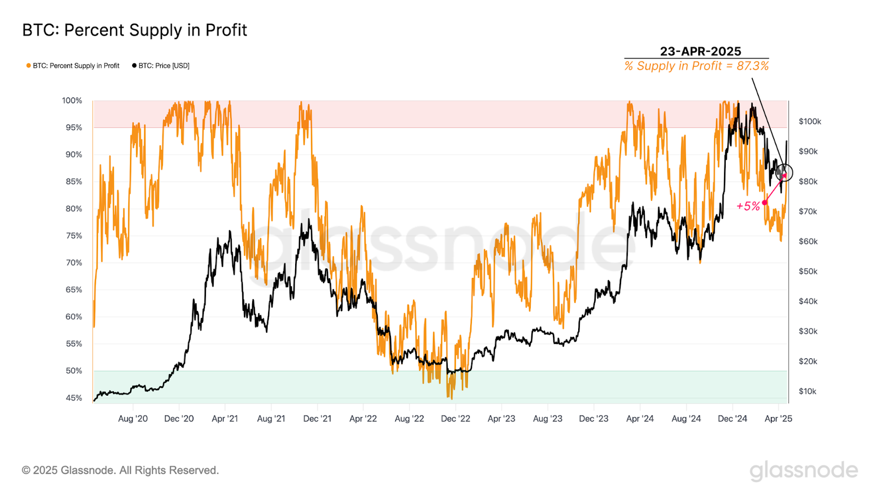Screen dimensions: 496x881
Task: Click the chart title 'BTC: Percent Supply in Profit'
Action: click(x=134, y=30)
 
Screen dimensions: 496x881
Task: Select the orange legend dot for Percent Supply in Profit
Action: click(x=29, y=66)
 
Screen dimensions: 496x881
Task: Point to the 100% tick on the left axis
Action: click(x=72, y=100)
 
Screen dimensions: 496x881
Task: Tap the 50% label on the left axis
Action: click(x=74, y=370)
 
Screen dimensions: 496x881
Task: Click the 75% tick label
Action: click(x=74, y=235)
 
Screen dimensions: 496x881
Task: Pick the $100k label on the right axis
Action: click(x=809, y=121)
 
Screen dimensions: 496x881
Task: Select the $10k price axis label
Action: click(x=807, y=391)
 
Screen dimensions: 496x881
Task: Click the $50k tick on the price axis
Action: click(x=808, y=271)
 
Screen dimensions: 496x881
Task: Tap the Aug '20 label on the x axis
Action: click(x=133, y=419)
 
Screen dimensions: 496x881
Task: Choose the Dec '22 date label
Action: click(x=455, y=419)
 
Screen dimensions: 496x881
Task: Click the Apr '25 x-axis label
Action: click(x=778, y=419)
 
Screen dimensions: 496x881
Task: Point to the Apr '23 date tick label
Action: click(x=501, y=419)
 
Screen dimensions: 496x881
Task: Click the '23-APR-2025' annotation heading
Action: click(x=700, y=51)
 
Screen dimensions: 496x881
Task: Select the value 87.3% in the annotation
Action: click(x=753, y=66)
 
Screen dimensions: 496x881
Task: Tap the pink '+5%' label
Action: click(x=748, y=206)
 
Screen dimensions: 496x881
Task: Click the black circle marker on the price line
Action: click(x=784, y=172)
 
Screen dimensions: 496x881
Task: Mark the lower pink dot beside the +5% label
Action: click(x=764, y=203)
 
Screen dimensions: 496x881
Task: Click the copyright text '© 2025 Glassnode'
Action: click(x=120, y=470)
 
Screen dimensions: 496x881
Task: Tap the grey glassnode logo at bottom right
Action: click(x=803, y=471)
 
